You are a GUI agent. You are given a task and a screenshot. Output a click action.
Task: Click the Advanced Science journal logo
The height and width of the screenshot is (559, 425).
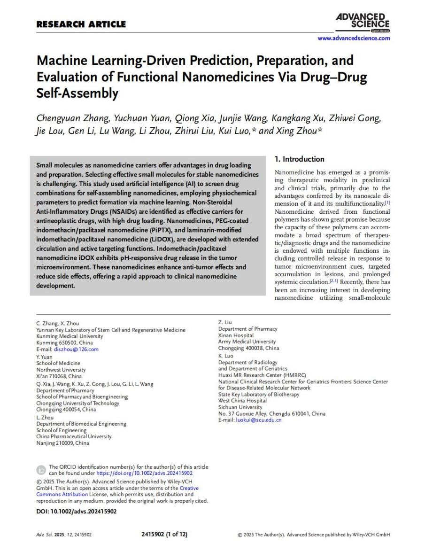pyautogui.click(x=363, y=21)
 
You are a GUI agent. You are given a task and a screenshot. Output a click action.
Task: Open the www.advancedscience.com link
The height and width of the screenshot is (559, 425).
pyautogui.click(x=354, y=38)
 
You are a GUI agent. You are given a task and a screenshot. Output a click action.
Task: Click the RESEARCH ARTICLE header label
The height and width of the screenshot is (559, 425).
pyautogui.click(x=81, y=24)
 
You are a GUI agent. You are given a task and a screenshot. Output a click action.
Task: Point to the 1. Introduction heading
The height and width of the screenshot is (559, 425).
pyautogui.click(x=299, y=159)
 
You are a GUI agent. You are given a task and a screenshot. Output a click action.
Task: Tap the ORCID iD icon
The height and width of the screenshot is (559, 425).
pyautogui.click(x=41, y=470)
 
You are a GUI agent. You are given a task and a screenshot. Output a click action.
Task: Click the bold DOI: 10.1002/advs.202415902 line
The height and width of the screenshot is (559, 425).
pyautogui.click(x=76, y=512)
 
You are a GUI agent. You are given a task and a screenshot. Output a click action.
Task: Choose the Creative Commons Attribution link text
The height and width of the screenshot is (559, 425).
pyautogui.click(x=62, y=494)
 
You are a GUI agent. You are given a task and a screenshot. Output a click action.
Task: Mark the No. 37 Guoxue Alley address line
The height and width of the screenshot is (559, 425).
pyautogui.click(x=271, y=413)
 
